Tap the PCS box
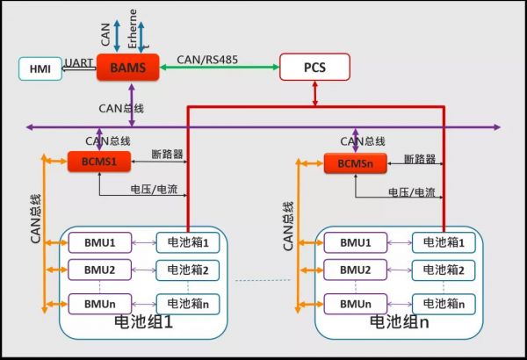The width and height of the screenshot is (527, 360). [x=314, y=67]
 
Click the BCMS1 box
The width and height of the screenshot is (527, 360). [x=98, y=162]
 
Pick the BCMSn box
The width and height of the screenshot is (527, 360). [x=354, y=163]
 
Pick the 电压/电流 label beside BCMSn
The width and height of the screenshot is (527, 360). [x=411, y=192]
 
